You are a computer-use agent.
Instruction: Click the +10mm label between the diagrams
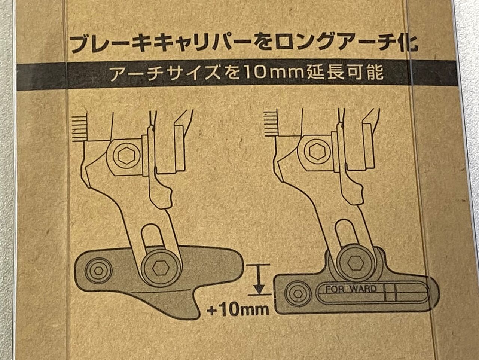(x=238, y=309)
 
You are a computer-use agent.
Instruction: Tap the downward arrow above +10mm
(x=259, y=280)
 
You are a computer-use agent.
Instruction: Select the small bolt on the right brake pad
(x=298, y=294)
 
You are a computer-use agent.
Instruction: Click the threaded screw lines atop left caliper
(x=80, y=129)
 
